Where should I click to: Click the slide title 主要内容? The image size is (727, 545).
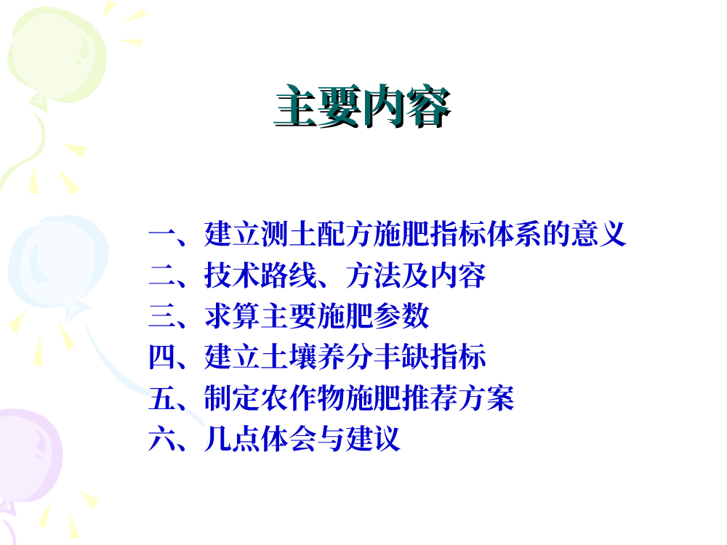tap(362, 106)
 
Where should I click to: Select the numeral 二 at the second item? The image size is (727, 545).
tap(162, 275)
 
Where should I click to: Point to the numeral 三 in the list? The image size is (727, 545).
tap(162, 316)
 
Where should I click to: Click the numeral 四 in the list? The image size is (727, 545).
tap(162, 357)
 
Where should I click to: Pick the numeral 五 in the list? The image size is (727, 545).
tap(162, 398)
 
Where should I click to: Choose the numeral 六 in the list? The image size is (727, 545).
tap(162, 438)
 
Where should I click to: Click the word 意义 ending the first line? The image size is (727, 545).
tap(598, 234)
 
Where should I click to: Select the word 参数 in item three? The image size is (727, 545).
tap(401, 316)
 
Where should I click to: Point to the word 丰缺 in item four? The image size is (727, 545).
tap(401, 357)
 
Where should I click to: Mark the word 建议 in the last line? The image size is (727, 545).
tap(373, 438)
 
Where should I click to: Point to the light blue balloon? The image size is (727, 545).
tap(58, 262)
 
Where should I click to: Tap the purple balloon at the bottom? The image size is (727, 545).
tap(29, 456)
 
